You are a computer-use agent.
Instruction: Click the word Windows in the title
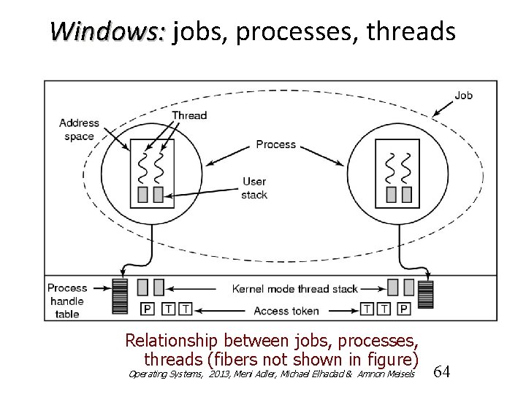click(x=108, y=31)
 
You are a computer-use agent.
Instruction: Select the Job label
click(x=463, y=96)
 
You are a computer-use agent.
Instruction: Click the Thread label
click(x=189, y=115)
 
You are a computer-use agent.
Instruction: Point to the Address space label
click(x=79, y=129)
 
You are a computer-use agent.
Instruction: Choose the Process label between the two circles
click(x=275, y=144)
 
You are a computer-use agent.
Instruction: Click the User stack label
click(x=255, y=188)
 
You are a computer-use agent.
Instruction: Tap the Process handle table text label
click(x=67, y=301)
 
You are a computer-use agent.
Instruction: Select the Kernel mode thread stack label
click(x=294, y=288)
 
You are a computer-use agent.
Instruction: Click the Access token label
click(x=286, y=311)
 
